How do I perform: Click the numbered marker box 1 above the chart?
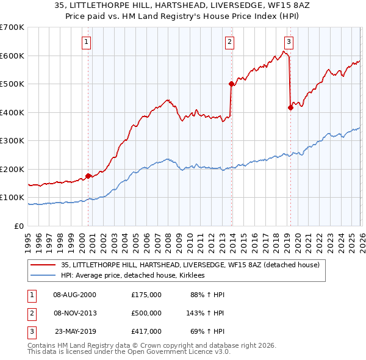click(87, 42)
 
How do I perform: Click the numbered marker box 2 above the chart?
click(229, 42)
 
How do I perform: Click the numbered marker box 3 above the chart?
click(289, 42)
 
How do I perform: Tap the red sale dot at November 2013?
click(231, 84)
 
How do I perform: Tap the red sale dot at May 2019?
click(290, 108)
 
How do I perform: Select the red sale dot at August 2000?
click(88, 176)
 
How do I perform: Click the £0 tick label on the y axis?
click(20, 226)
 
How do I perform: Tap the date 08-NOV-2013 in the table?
click(74, 313)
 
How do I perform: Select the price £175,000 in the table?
click(146, 295)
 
